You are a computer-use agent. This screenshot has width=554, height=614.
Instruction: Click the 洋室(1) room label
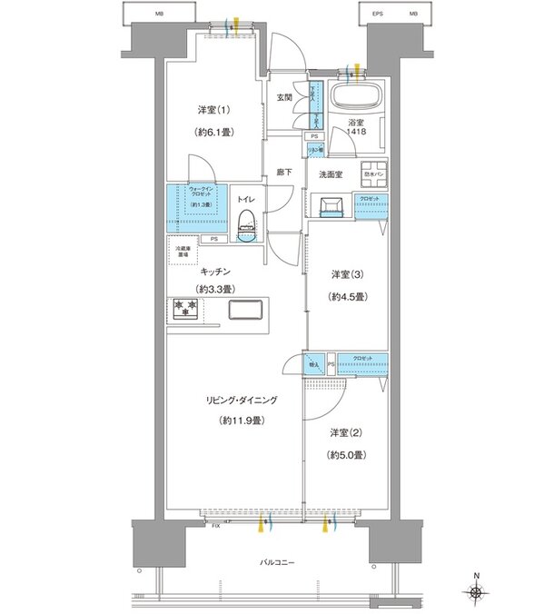(x=215, y=111)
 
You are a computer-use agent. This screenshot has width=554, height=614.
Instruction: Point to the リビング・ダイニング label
(x=240, y=400)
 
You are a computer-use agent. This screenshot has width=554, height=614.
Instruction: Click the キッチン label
(x=214, y=271)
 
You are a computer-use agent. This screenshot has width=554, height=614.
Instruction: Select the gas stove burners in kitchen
(x=185, y=309)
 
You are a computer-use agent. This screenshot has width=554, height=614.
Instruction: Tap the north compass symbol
(x=476, y=592)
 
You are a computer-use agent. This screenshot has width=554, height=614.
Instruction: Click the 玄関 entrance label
(x=284, y=98)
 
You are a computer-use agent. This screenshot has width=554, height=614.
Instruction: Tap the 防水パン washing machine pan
(x=374, y=175)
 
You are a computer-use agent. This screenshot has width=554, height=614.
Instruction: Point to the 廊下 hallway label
(x=282, y=171)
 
